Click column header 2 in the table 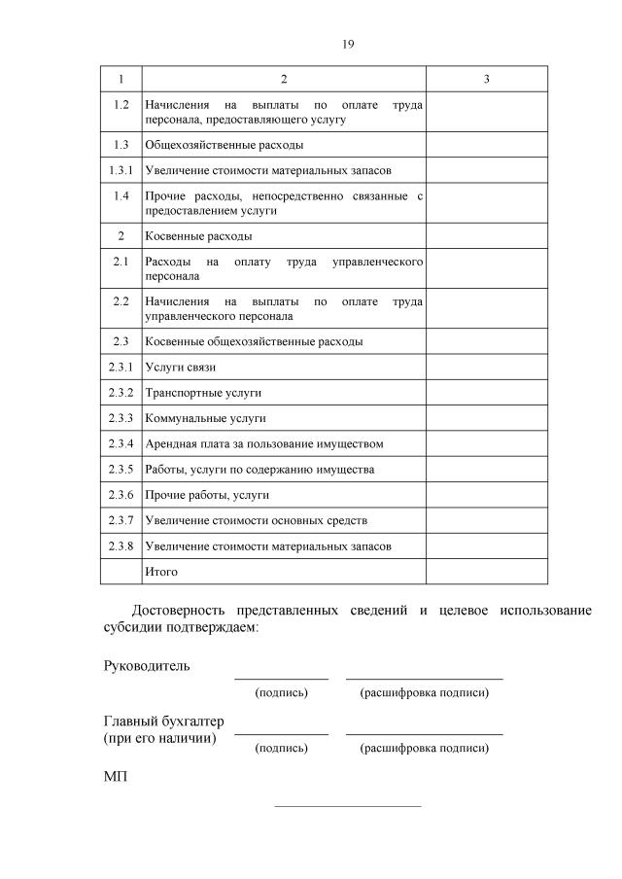pos(284,79)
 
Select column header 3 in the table pos(486,79)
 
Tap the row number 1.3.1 pos(121,170)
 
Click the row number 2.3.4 pos(121,443)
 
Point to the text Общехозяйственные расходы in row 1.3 pos(224,145)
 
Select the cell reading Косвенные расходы pos(198,236)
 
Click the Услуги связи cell pos(180,368)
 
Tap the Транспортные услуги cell pos(203,393)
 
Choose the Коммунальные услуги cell pos(205,418)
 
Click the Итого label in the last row pos(161,572)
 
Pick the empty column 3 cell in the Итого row pos(486,572)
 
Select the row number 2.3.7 pos(121,520)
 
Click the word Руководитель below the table pos(147,667)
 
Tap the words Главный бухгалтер pos(163,721)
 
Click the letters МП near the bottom pos(115,778)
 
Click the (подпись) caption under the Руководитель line pos(281,693)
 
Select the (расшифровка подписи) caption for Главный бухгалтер pos(424,749)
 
